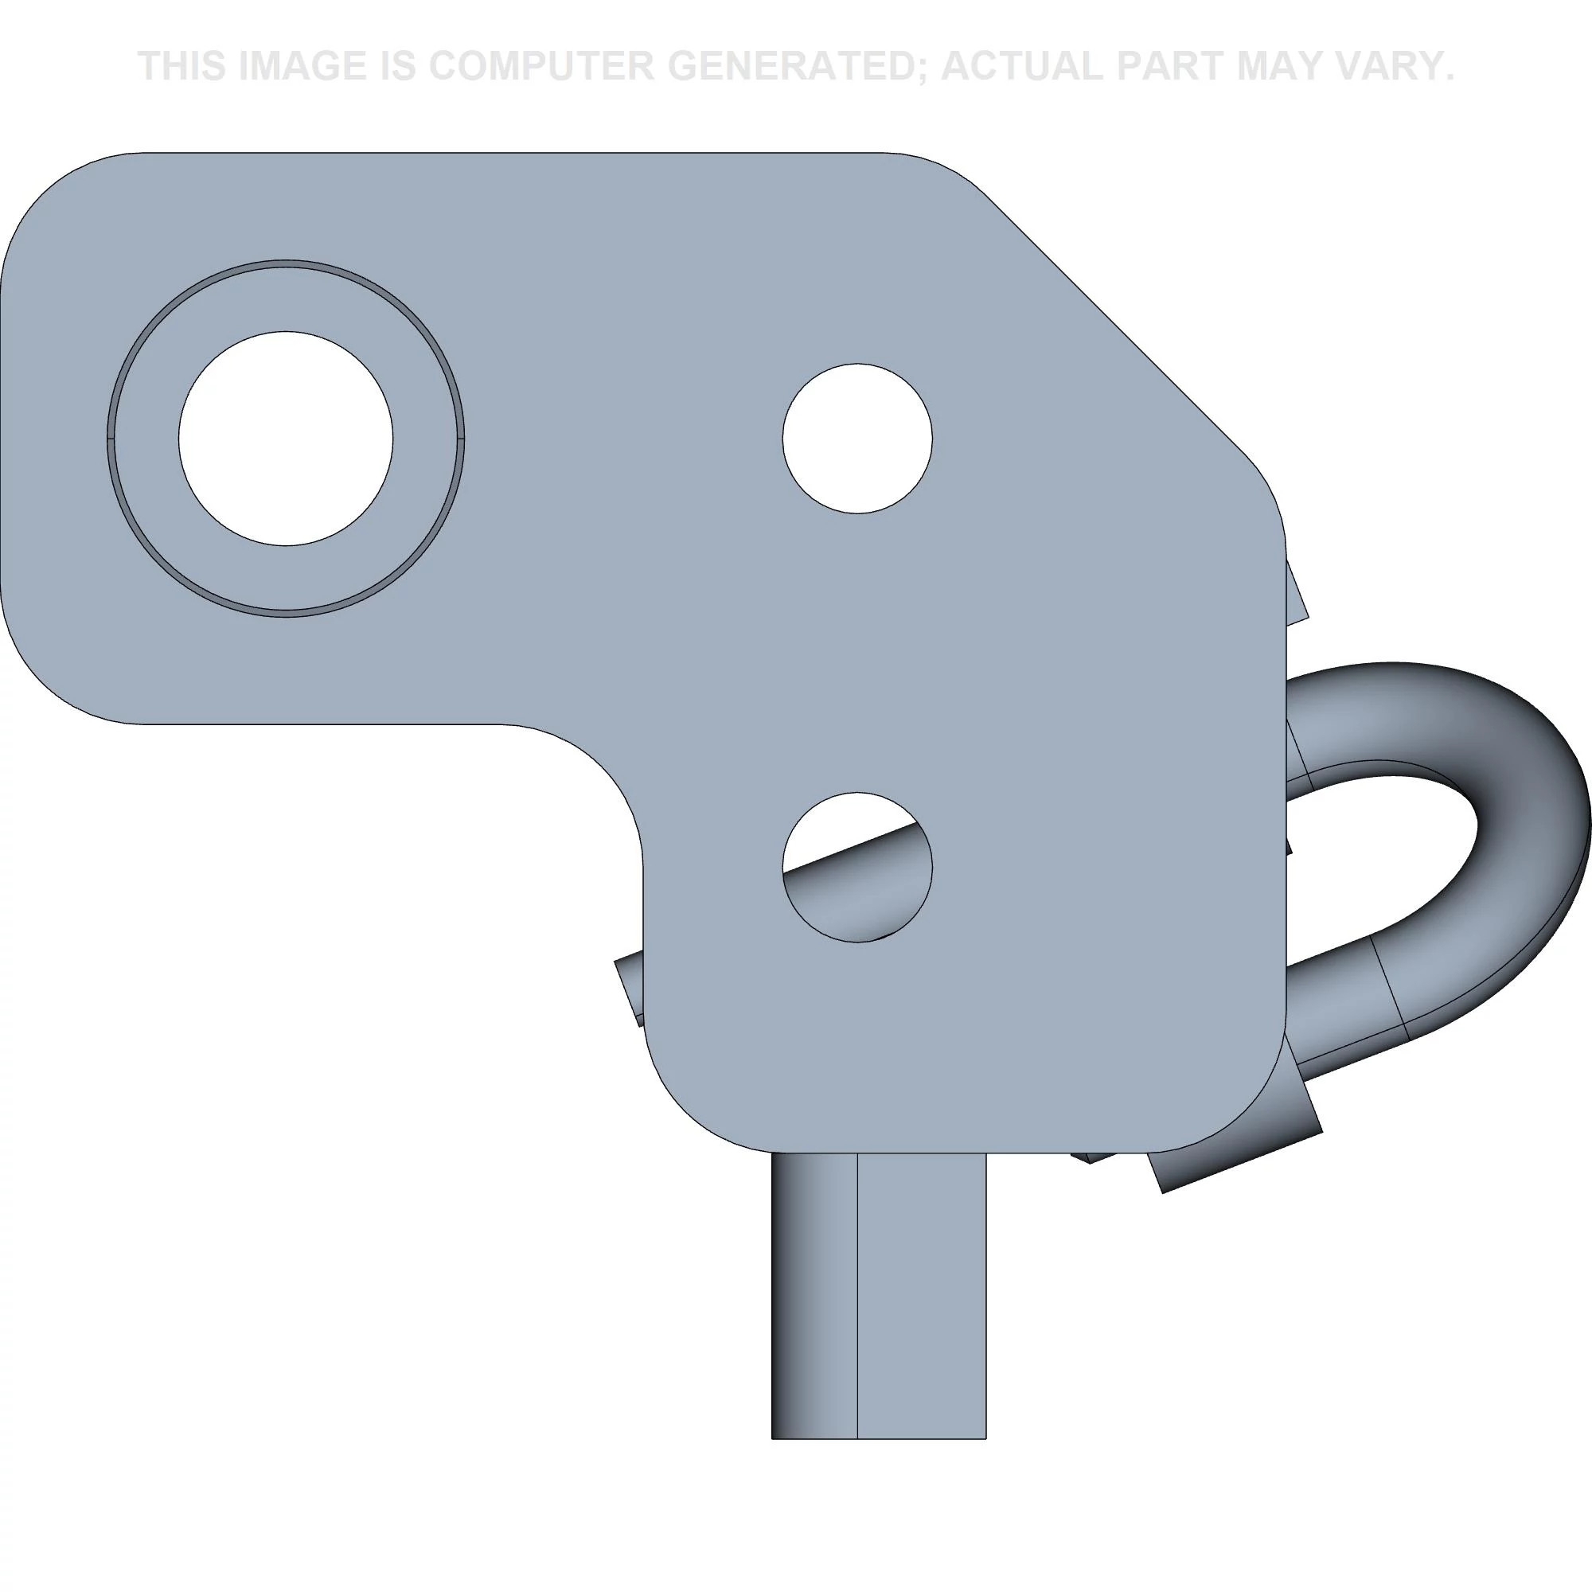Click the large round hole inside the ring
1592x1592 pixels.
pos(285,439)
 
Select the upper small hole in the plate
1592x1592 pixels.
pos(857,439)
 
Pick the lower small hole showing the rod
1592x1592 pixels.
pos(857,867)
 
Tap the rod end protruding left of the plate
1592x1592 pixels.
pos(630,989)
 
